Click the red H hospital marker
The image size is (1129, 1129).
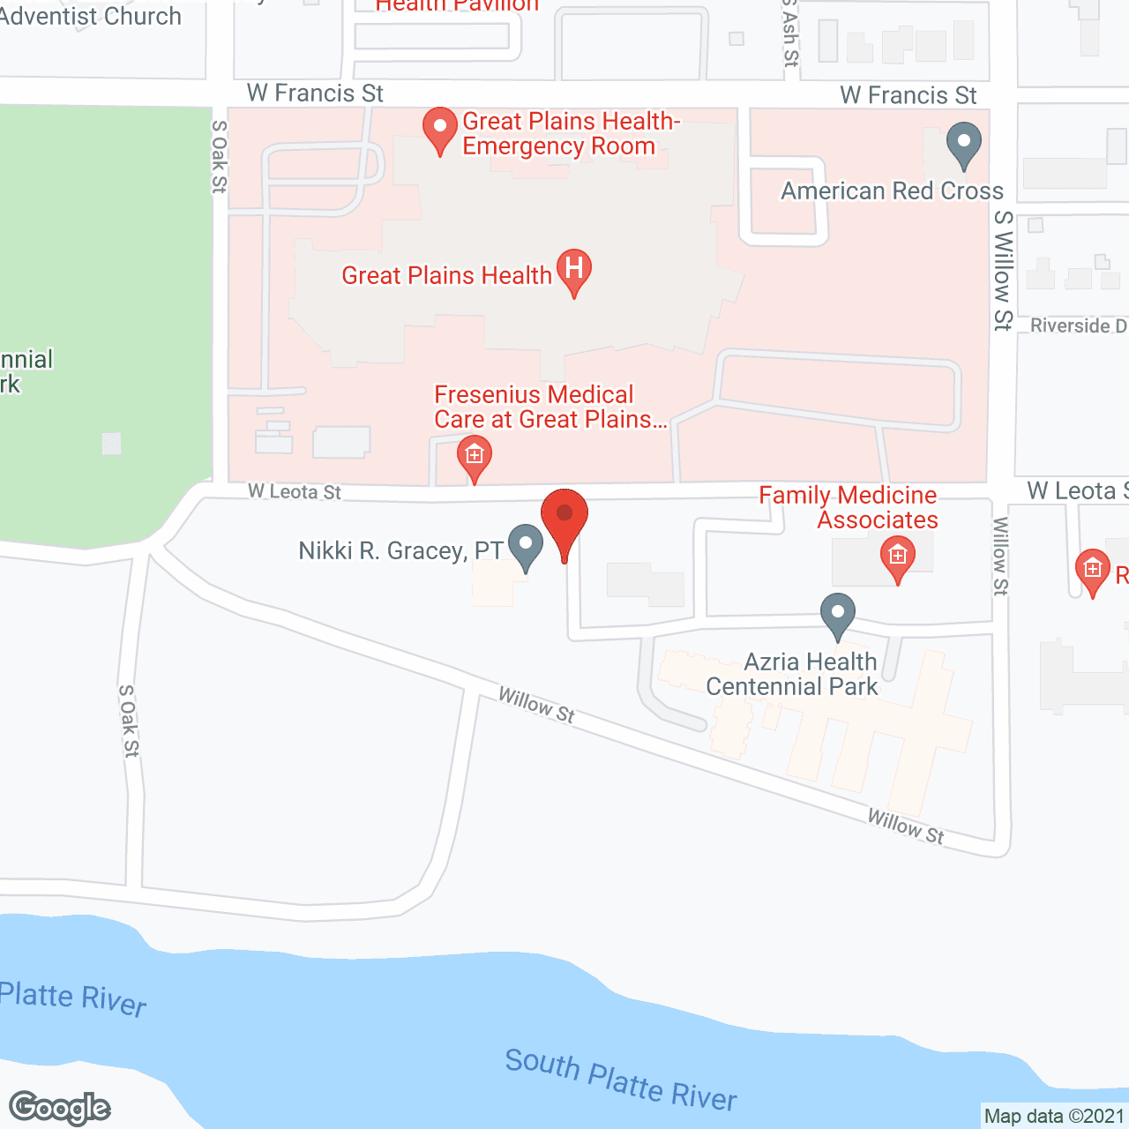pos(574,267)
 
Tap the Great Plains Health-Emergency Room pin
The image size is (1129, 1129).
pos(439,128)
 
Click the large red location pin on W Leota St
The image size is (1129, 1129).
pos(564,516)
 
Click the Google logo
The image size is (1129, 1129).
pos(60,1108)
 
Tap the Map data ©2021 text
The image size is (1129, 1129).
pos(1054,1117)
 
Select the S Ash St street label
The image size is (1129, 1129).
pos(790,34)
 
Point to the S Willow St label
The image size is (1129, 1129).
pos(1003,270)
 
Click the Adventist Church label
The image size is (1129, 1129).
pos(90,16)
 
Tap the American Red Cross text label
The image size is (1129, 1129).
pos(892,191)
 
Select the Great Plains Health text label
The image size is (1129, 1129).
pos(446,276)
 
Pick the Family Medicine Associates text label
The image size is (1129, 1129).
pos(849,507)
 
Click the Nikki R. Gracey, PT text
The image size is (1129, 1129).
pos(400,551)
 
